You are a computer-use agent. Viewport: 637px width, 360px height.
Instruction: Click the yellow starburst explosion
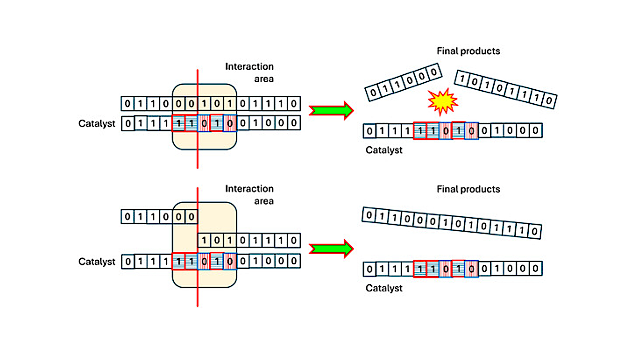pos(443,102)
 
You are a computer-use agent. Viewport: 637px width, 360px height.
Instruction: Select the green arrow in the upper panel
pos(331,110)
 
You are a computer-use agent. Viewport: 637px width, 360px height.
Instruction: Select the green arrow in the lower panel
pos(331,248)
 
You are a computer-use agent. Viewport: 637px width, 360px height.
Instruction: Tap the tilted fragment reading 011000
pos(403,81)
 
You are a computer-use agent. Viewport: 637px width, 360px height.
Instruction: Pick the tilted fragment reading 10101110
pos(505,88)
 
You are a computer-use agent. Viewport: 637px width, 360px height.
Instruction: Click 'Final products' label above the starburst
pos(468,51)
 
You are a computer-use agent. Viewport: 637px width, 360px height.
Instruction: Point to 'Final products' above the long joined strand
pos(468,189)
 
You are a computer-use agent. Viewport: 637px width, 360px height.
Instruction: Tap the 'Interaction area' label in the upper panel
pos(249,72)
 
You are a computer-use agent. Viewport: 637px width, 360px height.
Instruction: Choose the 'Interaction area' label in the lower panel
pos(249,195)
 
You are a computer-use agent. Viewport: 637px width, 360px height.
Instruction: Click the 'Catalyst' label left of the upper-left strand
pos(97,123)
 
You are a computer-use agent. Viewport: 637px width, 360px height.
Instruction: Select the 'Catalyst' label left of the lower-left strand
pos(97,262)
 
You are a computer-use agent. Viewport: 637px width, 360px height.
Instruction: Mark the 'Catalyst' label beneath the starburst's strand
pos(383,150)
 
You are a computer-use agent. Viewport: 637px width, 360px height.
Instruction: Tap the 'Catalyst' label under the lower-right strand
pos(383,288)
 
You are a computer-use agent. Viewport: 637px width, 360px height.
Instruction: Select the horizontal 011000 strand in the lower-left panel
pos(159,217)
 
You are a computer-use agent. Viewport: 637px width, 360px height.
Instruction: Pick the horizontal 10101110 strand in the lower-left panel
pos(249,240)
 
